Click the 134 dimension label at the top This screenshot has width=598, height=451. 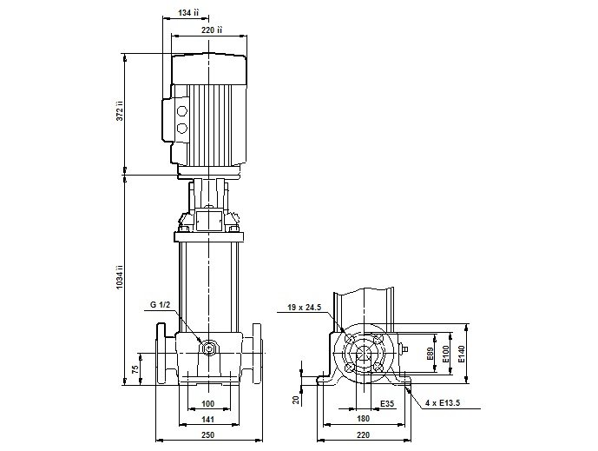tap(188, 13)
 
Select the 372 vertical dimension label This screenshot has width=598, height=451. tap(120, 111)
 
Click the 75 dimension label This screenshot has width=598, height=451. tap(135, 369)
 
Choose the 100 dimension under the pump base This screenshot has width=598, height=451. tap(207, 403)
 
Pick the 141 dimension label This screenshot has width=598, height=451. tap(207, 420)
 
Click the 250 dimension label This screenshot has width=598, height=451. tap(207, 435)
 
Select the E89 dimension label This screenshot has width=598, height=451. tap(430, 355)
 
